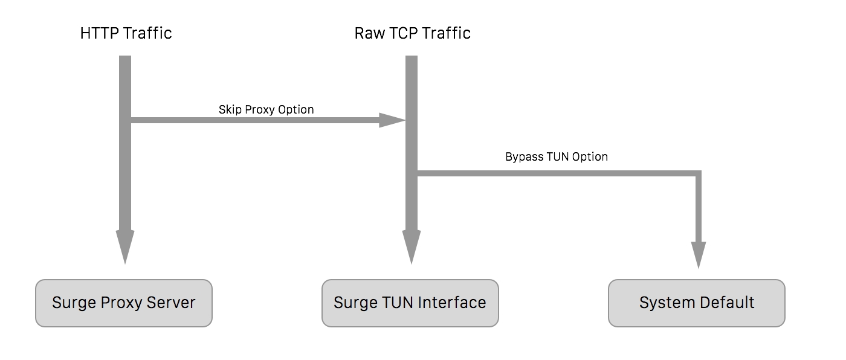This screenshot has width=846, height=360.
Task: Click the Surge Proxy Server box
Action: (x=124, y=303)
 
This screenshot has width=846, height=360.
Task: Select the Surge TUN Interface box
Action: (x=410, y=303)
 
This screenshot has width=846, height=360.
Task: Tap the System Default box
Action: (x=696, y=303)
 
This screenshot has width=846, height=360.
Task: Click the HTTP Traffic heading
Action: (x=126, y=33)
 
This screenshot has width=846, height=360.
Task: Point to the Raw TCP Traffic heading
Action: (x=412, y=33)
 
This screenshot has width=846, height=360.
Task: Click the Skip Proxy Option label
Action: (x=266, y=109)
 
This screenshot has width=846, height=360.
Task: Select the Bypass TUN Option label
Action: (x=556, y=156)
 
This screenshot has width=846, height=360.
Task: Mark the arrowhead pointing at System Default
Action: (x=699, y=254)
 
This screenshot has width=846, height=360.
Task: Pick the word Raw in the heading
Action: (x=368, y=33)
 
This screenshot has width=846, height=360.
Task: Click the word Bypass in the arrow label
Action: (x=524, y=156)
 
